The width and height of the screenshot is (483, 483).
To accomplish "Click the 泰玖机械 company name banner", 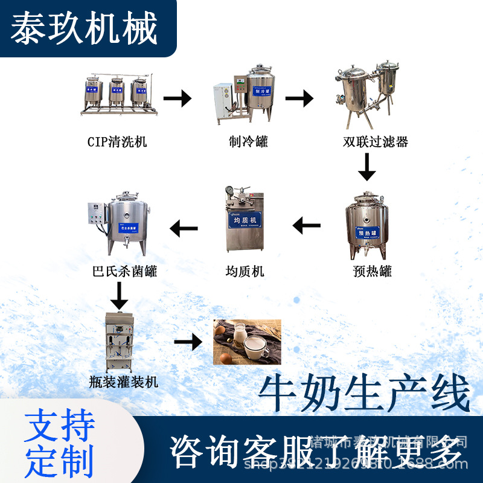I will (85, 28).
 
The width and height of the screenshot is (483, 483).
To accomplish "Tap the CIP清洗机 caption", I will (117, 142).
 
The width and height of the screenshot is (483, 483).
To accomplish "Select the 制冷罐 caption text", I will (248, 142).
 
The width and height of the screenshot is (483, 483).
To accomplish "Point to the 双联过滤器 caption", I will (375, 142).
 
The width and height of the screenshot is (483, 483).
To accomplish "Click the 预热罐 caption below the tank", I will (373, 271).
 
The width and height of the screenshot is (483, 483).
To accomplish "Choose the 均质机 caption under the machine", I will (245, 271).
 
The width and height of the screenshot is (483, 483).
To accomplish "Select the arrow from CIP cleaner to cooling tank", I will (177, 98).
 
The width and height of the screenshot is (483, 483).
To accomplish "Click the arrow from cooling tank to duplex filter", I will (299, 98).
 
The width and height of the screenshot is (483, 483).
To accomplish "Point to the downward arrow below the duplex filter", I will (366, 167).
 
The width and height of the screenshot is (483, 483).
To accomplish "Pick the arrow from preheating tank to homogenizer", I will (307, 226).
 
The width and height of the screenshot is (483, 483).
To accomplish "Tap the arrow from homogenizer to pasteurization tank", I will (184, 228).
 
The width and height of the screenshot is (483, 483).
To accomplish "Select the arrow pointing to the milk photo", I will (188, 342).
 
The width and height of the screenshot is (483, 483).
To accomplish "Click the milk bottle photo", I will (248, 342).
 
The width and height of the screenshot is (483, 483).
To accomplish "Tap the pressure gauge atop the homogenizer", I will (230, 191).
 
